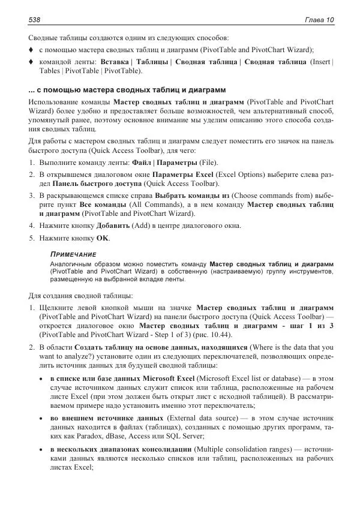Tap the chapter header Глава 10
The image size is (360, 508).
pos(319,20)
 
